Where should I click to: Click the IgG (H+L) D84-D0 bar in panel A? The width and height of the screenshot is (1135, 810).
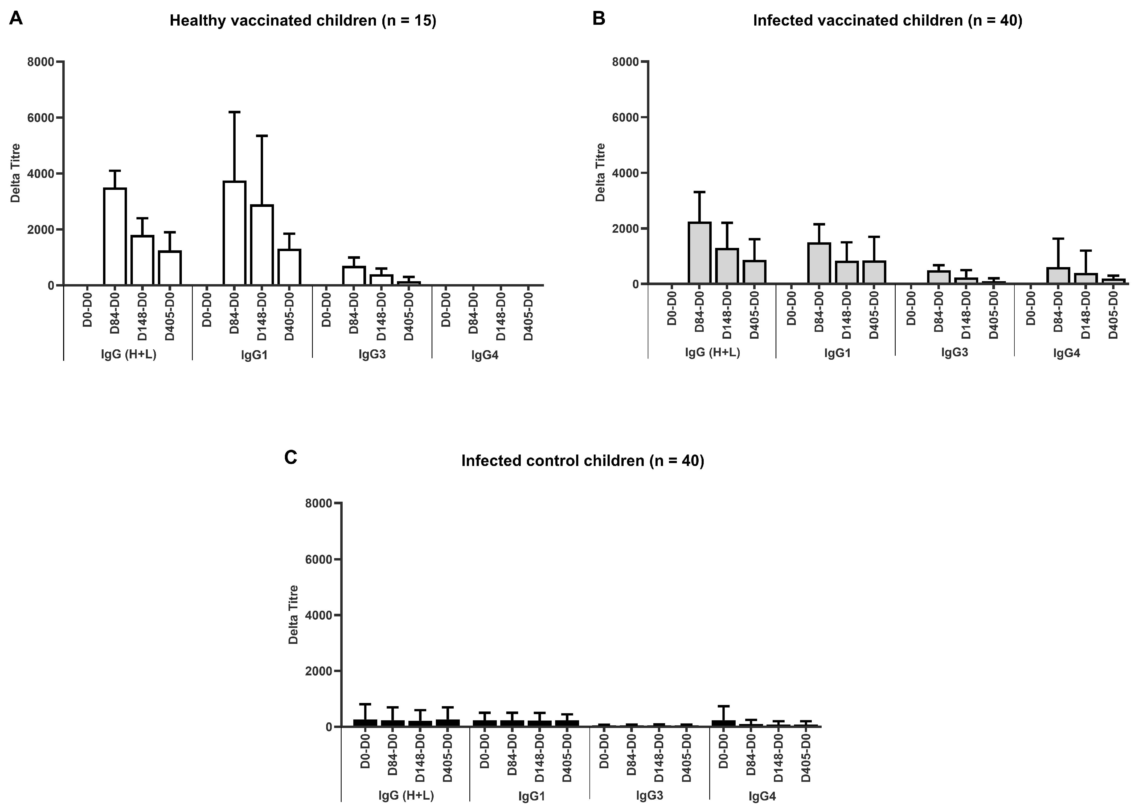click(x=115, y=237)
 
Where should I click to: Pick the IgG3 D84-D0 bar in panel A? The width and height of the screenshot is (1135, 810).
click(x=354, y=276)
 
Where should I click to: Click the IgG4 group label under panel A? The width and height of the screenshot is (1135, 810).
click(x=485, y=356)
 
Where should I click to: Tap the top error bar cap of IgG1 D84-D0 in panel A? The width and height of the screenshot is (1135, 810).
click(x=234, y=112)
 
